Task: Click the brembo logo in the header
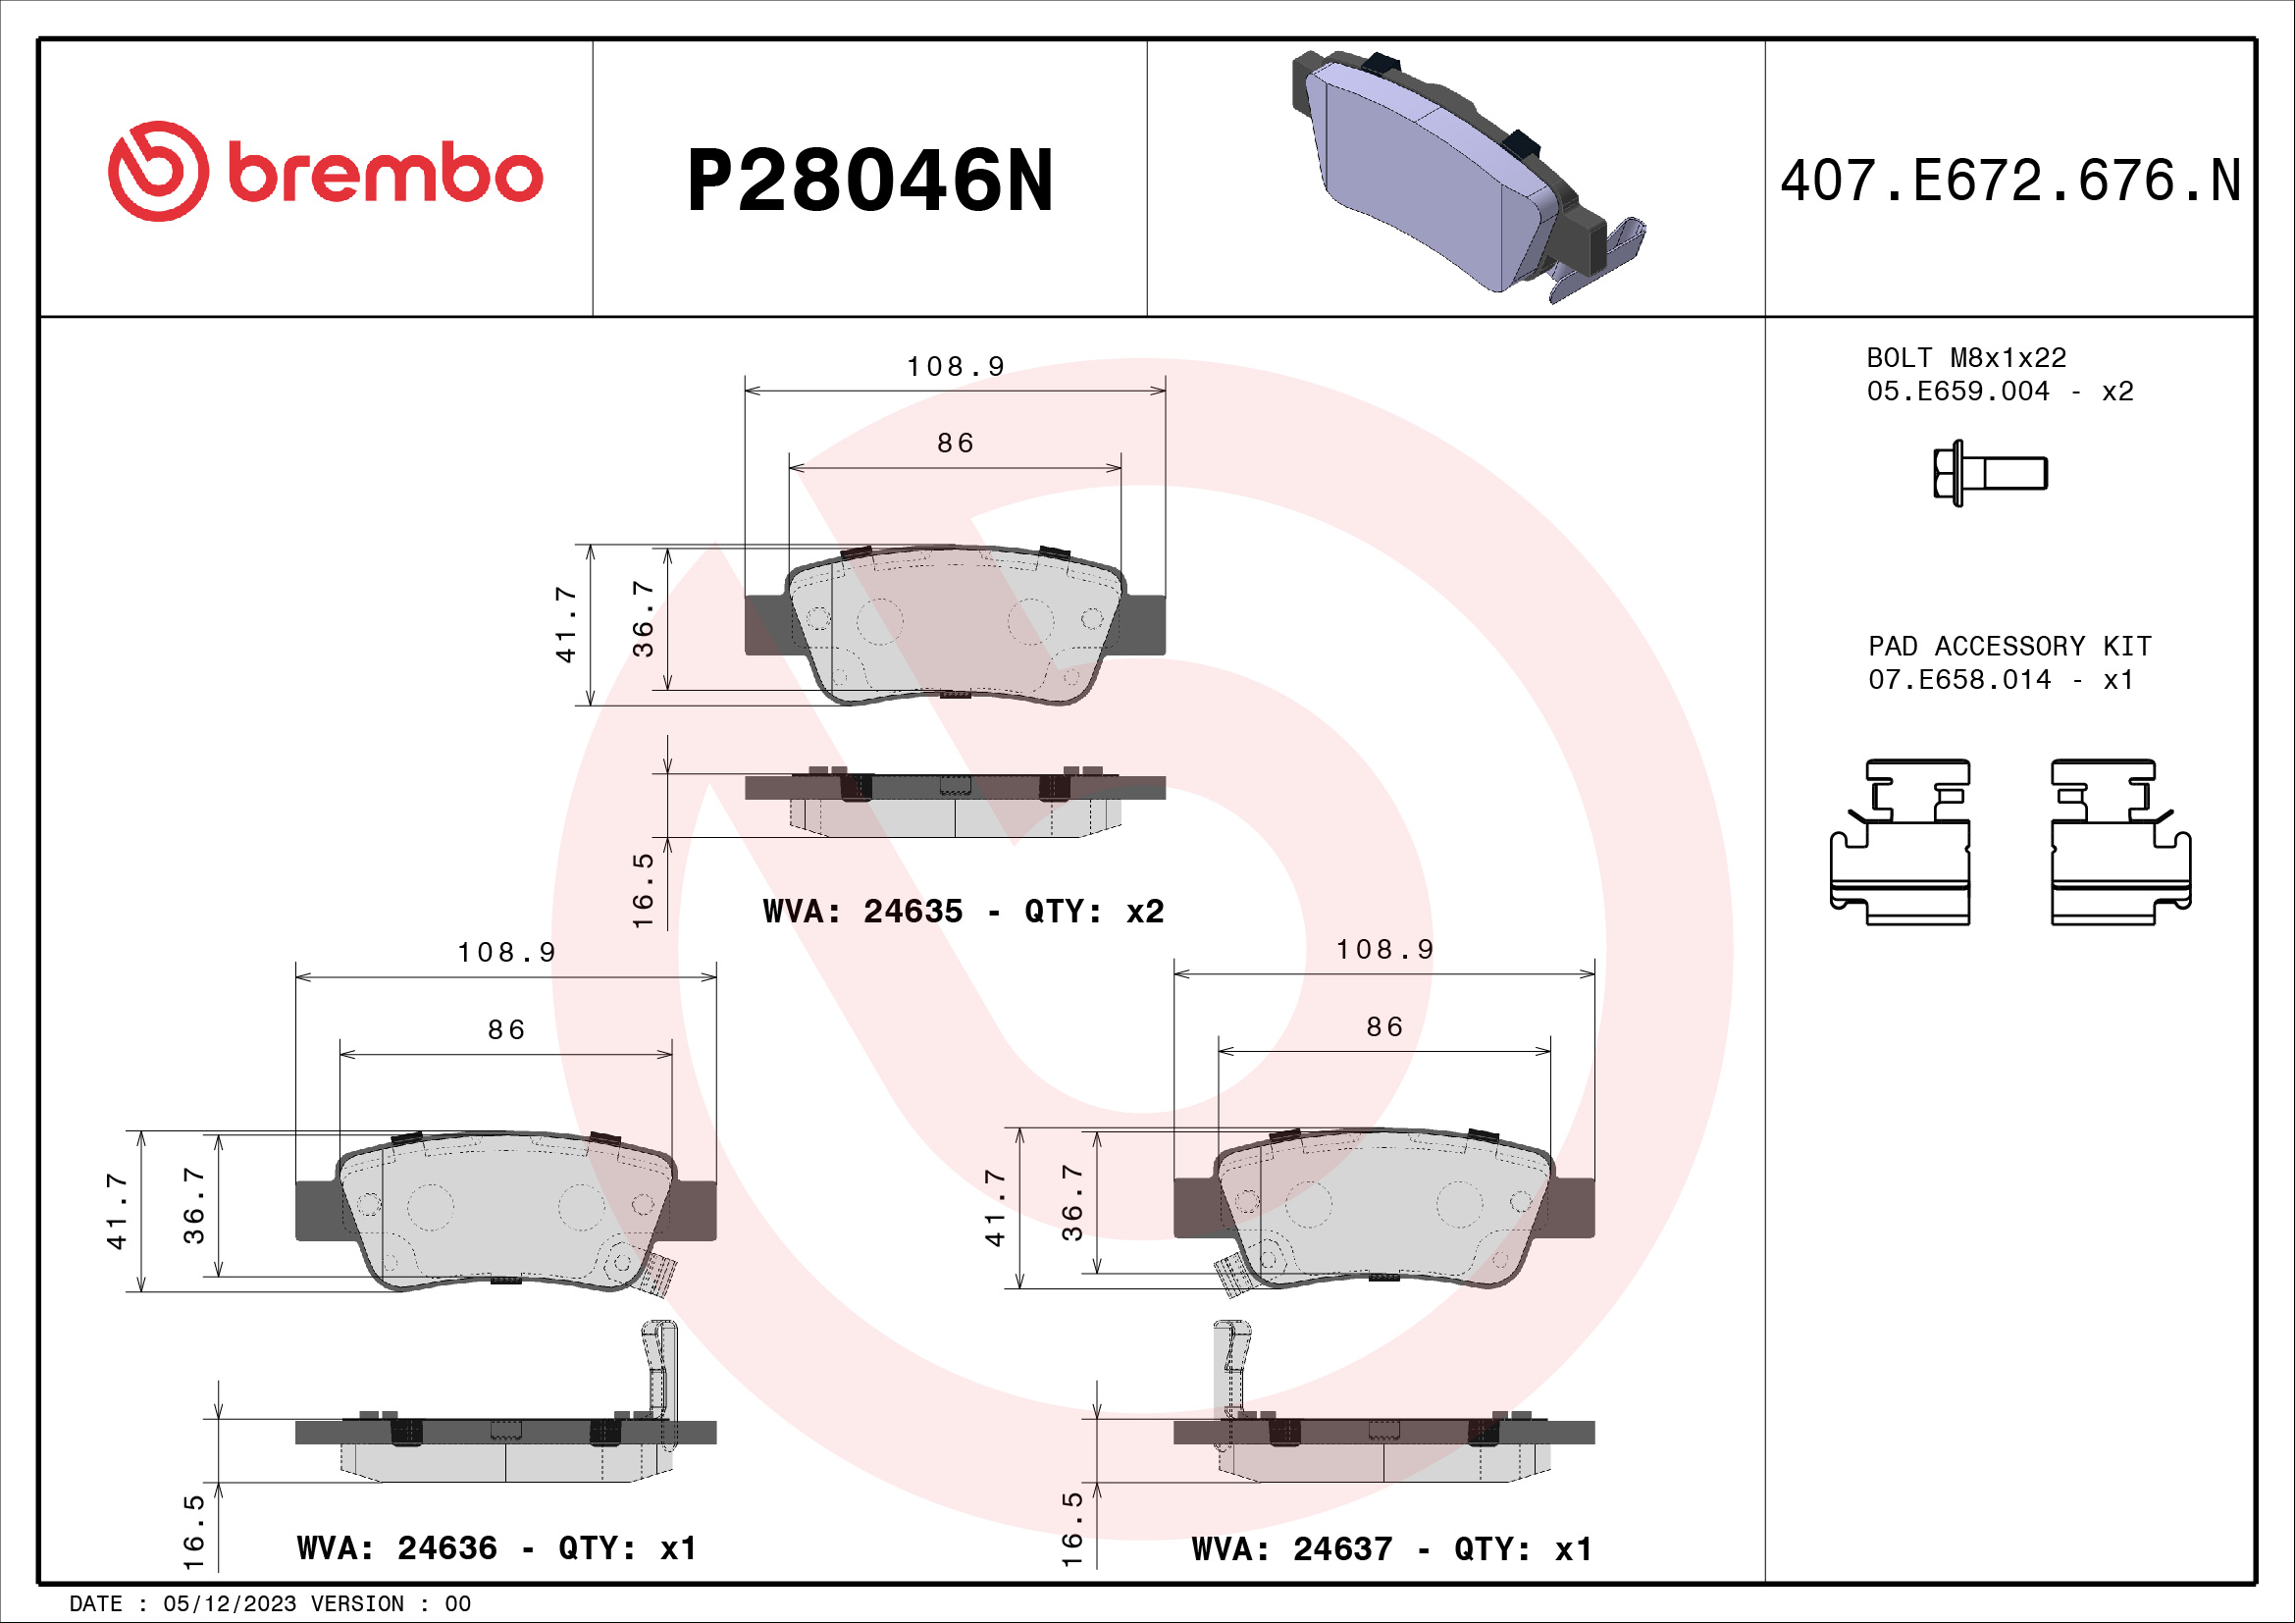[x=325, y=172]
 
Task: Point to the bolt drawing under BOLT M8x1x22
[x=1989, y=473]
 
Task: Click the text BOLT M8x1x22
[x=1965, y=358]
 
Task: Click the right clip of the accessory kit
[x=2119, y=843]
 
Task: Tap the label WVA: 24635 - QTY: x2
[x=963, y=912]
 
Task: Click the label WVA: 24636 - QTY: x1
[x=496, y=1548]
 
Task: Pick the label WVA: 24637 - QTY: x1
[x=1391, y=1549]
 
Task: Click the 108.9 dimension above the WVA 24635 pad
[x=955, y=367]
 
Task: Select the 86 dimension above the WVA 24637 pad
[x=1384, y=1027]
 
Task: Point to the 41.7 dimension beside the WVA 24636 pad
[x=117, y=1211]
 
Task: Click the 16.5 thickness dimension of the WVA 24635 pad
[x=643, y=889]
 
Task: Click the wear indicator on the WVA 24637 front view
[x=1230, y=1275]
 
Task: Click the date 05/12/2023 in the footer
[x=229, y=1604]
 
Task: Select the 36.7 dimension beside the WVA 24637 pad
[x=1071, y=1202]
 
